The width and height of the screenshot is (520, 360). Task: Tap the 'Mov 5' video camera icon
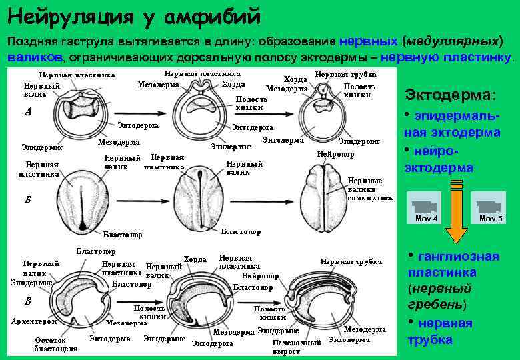pos(491,207)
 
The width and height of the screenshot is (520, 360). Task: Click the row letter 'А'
pos(27,112)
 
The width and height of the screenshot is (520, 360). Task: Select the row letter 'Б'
pos(27,200)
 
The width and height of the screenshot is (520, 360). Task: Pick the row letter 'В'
pos(27,301)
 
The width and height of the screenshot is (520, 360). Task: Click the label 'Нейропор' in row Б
pos(336,154)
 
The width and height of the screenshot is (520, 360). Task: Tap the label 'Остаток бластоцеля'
pos(55,344)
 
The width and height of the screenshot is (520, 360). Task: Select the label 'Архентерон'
pos(34,321)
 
